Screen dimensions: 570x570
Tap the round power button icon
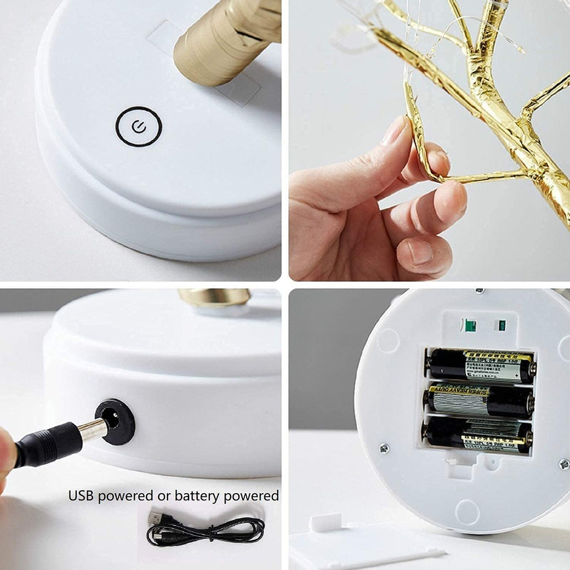click(x=139, y=127)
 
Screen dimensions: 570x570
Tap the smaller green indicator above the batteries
click(x=502, y=325)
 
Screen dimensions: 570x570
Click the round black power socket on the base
click(x=115, y=421)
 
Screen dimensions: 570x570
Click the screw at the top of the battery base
click(x=478, y=291)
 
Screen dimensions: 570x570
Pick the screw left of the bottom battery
click(x=384, y=448)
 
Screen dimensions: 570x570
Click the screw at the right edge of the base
click(x=563, y=464)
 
